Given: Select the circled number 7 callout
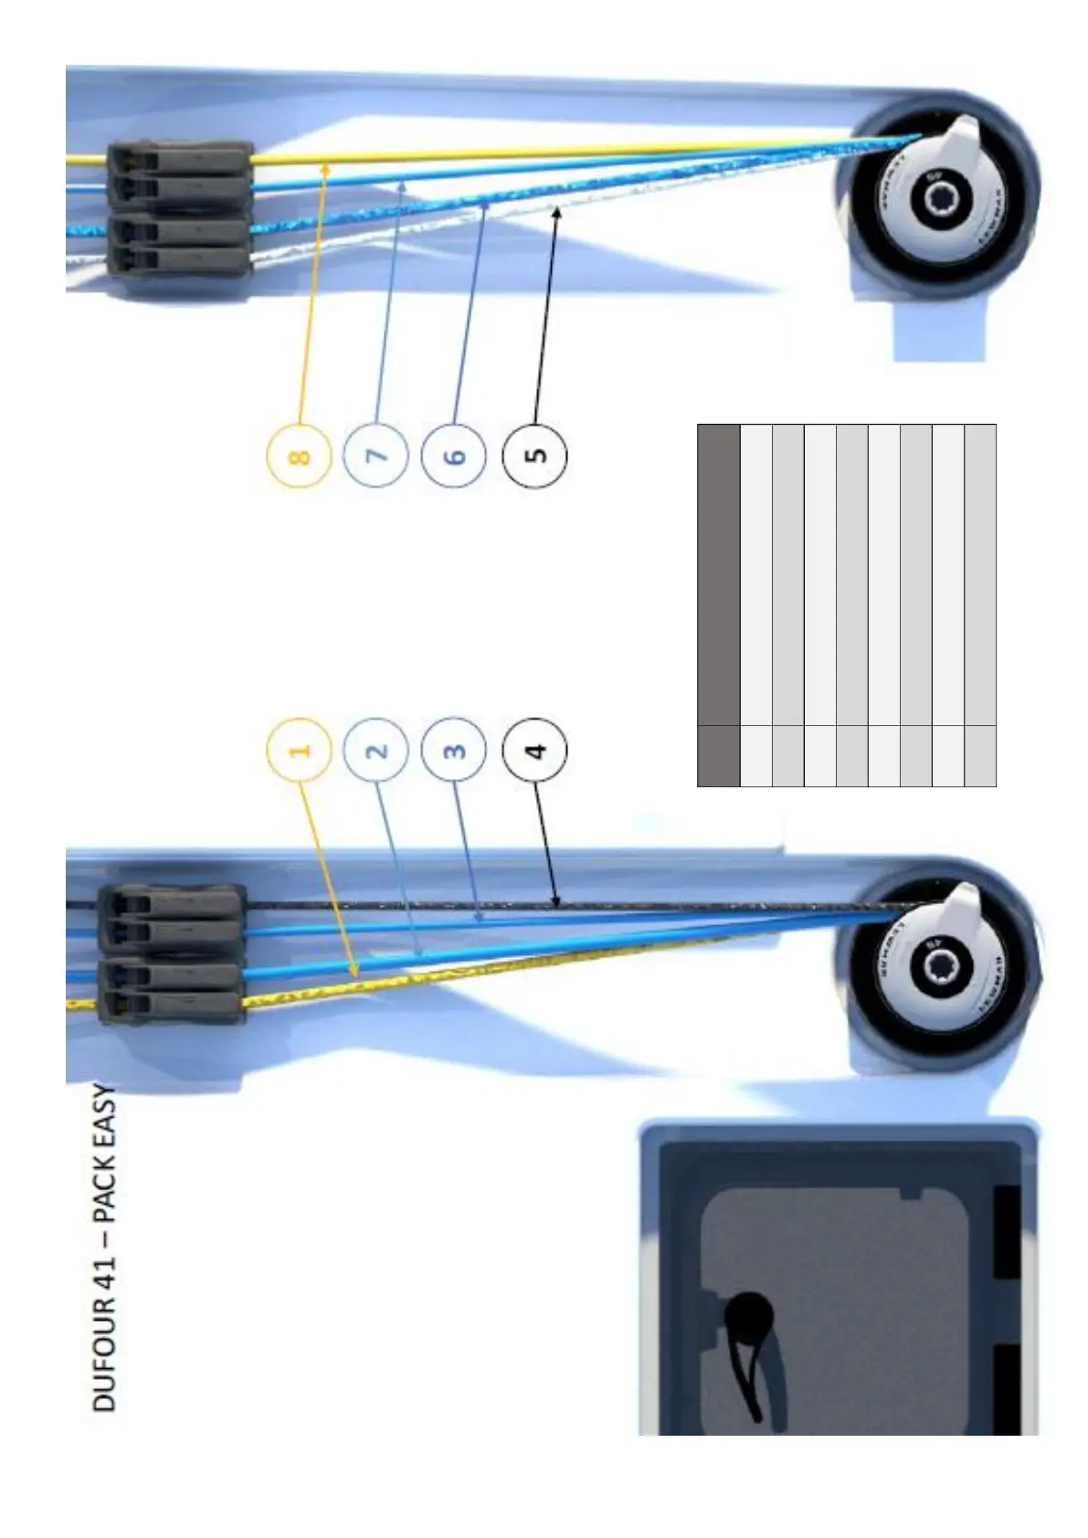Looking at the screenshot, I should coord(375,456).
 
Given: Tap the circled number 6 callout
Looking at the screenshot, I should coord(454,456).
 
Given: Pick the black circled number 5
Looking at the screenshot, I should coord(535,456).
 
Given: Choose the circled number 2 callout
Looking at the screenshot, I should coord(375,751).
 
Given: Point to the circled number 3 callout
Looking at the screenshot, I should coord(454,751).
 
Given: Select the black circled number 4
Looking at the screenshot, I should coord(535,751).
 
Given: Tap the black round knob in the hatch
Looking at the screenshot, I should coord(750,1318).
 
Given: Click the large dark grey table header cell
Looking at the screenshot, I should coord(718,574).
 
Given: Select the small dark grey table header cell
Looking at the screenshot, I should coord(718,755).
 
